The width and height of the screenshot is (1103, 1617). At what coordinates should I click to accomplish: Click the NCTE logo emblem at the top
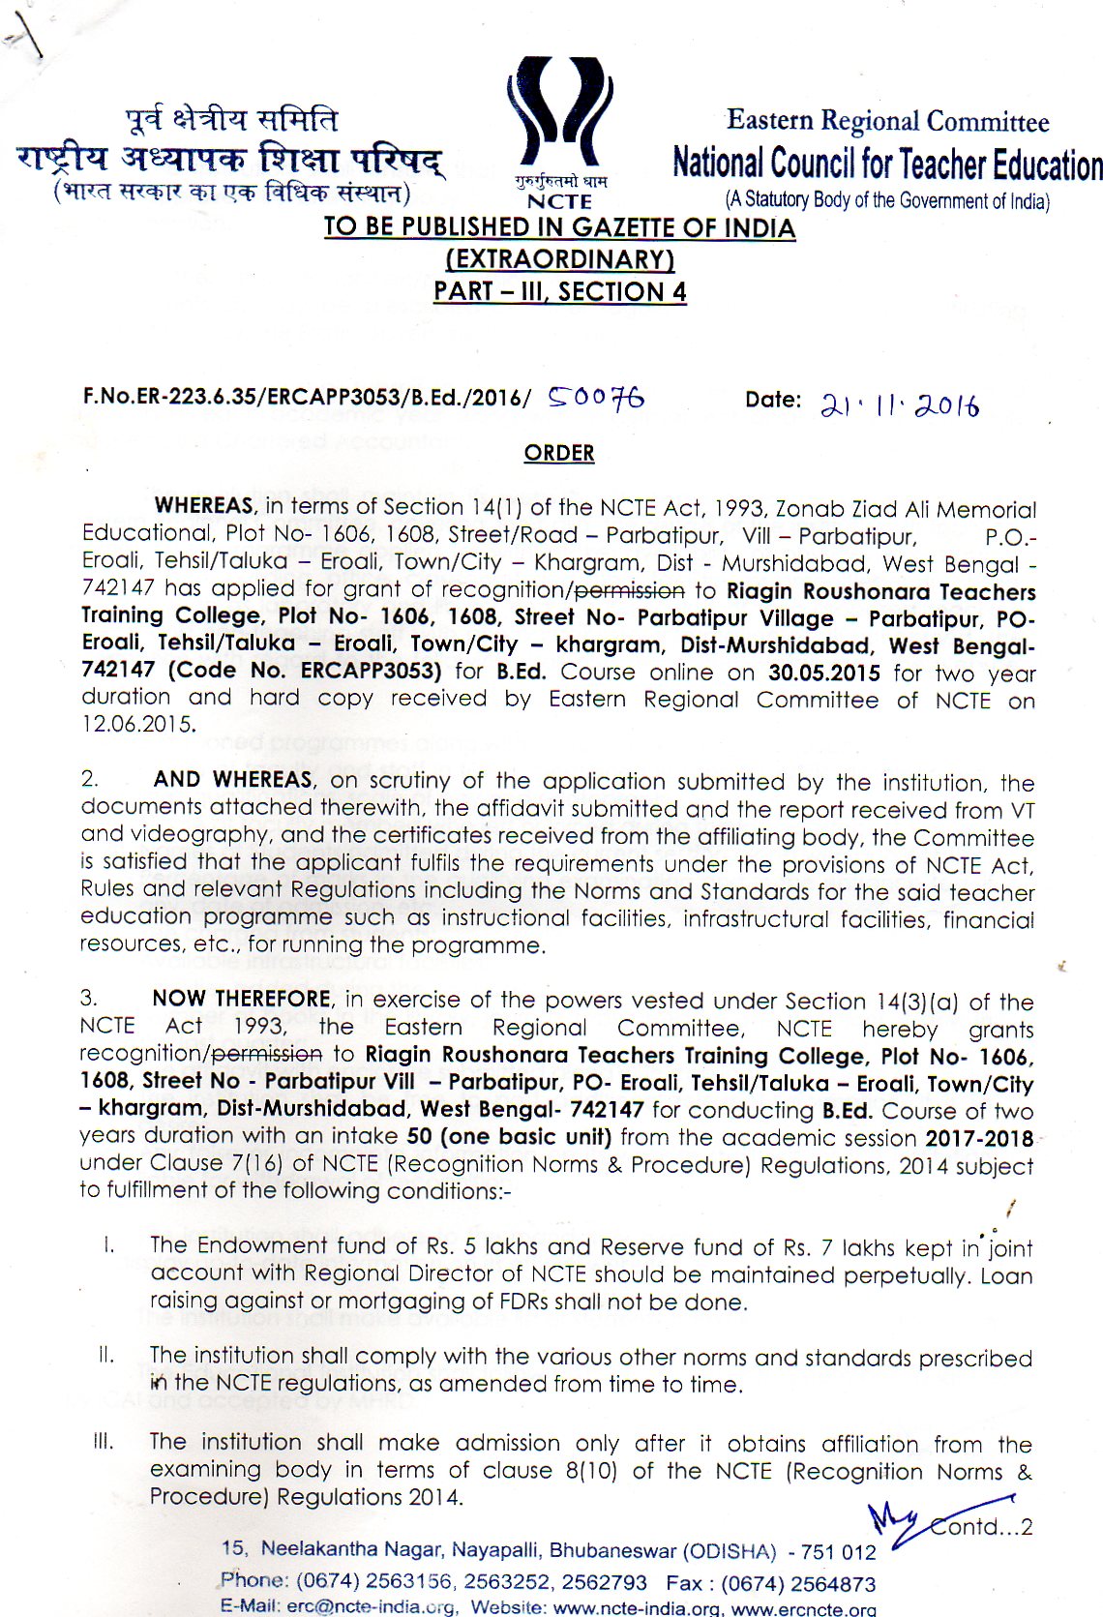pos(559,116)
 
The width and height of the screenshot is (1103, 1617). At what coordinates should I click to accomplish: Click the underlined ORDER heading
pos(559,453)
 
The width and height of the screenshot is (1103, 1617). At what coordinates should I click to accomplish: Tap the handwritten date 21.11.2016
pos(899,404)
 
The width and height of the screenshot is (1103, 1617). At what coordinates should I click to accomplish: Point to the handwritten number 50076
pos(596,398)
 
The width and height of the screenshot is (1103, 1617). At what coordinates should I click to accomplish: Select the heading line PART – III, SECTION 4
pos(559,291)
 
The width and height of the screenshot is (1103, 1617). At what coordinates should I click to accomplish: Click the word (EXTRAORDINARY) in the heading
pos(559,259)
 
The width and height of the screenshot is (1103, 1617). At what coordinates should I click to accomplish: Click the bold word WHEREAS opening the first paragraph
pos(204,506)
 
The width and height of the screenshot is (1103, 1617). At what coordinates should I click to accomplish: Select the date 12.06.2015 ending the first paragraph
pos(137,725)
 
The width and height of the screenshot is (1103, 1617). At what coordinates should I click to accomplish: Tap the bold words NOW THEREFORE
pos(241,999)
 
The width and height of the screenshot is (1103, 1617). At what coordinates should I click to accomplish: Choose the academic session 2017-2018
pos(978,1138)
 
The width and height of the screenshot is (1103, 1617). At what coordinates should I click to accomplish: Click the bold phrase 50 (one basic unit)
pos(509,1137)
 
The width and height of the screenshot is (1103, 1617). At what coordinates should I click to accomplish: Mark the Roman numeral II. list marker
pos(105,1355)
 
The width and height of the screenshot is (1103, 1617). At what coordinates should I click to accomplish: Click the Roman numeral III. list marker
pos(104,1442)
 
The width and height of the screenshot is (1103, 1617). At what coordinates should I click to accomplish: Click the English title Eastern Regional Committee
pos(887,122)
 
